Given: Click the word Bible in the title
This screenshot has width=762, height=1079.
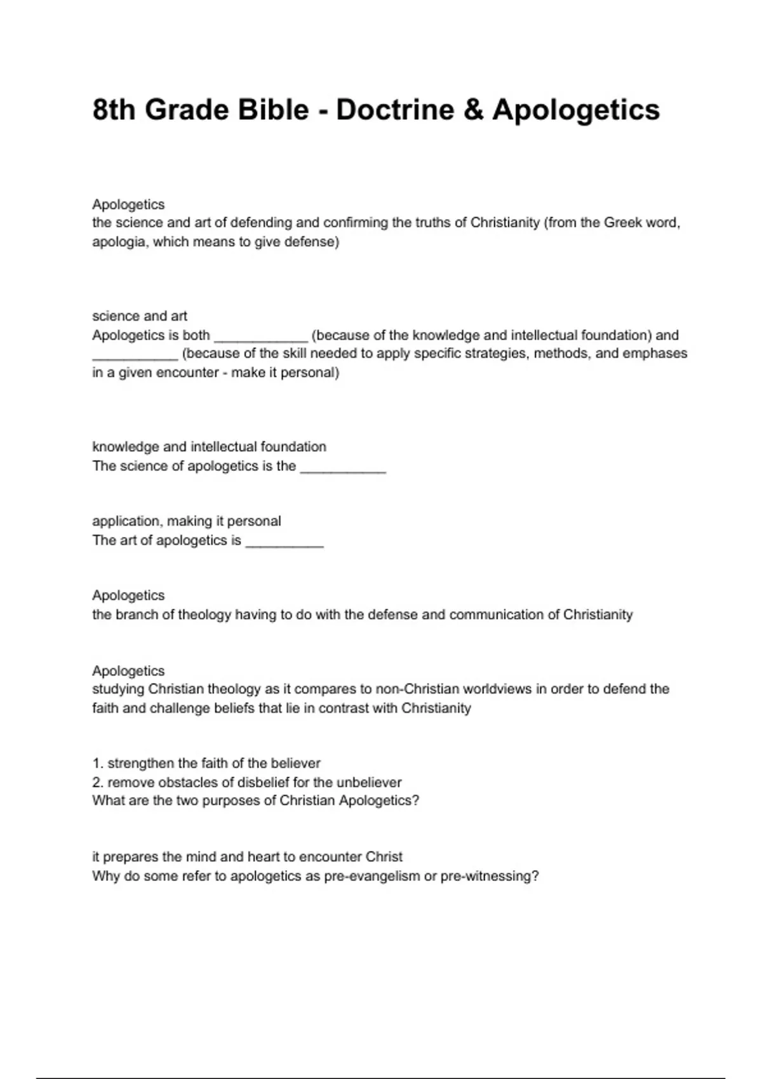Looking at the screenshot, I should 273,110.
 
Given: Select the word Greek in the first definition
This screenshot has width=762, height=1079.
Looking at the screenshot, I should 623,223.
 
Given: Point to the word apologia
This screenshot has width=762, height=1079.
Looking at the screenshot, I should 119,242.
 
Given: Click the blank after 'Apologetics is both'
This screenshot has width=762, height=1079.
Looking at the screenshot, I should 260,336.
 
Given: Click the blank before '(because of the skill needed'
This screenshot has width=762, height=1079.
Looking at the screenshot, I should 135,355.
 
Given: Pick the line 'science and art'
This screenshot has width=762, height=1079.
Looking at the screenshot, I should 140,316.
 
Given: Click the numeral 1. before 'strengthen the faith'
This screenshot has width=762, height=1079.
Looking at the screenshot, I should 97,764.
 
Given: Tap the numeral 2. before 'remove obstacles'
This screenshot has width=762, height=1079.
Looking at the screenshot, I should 98,783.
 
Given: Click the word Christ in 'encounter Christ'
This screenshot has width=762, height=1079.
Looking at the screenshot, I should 384,857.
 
